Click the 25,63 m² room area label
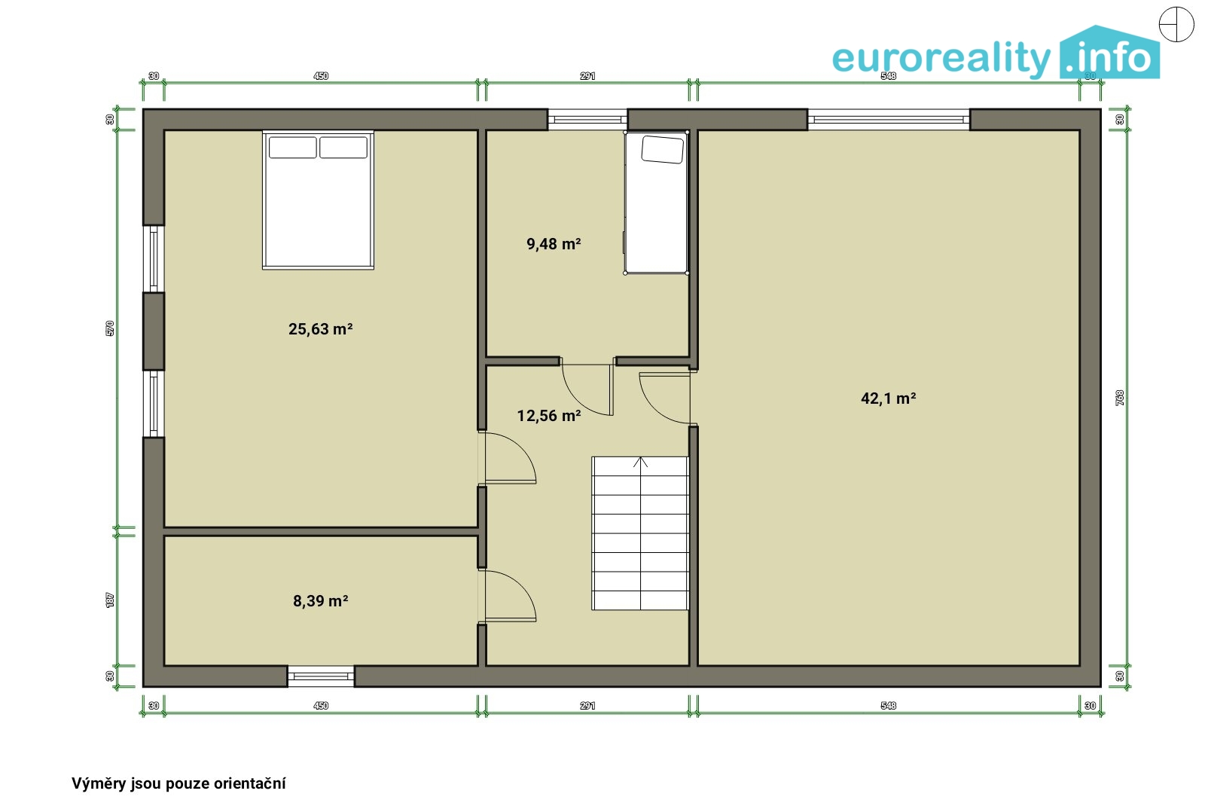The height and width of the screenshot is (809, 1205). [321, 328]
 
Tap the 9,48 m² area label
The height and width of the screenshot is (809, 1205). [554, 244]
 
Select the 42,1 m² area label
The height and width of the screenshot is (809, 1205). [888, 398]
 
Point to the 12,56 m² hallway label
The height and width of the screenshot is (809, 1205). [549, 415]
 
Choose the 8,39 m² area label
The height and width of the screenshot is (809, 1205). [321, 600]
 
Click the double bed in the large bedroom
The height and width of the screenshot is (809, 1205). [318, 200]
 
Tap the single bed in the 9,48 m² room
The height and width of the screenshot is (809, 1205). [656, 202]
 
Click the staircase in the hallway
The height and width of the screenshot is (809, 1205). [640, 533]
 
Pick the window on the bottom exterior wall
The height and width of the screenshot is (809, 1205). [321, 676]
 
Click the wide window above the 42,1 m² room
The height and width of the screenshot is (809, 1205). [889, 120]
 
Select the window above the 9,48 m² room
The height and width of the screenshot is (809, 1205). [587, 120]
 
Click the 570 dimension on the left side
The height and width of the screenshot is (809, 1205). [110, 328]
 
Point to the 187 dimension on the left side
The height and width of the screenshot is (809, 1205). [110, 600]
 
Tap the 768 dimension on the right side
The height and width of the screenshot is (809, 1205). [1120, 398]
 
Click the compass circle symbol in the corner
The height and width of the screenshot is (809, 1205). [1176, 25]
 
